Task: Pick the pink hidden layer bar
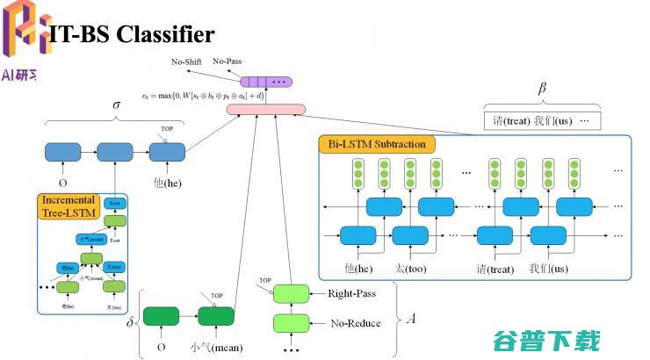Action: [x=265, y=110]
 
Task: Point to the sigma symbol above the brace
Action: [x=116, y=104]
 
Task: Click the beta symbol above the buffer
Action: [x=542, y=90]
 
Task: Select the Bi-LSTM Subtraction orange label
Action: [x=379, y=144]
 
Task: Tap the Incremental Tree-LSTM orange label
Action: [x=68, y=206]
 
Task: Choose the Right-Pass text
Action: [x=353, y=293]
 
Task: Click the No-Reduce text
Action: [x=356, y=323]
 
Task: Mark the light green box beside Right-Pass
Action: [x=292, y=293]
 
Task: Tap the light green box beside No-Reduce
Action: [x=292, y=322]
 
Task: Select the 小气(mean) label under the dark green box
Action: [x=215, y=345]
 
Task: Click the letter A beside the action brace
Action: [x=410, y=317]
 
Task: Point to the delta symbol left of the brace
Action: [x=130, y=322]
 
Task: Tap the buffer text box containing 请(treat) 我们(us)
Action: [x=542, y=120]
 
